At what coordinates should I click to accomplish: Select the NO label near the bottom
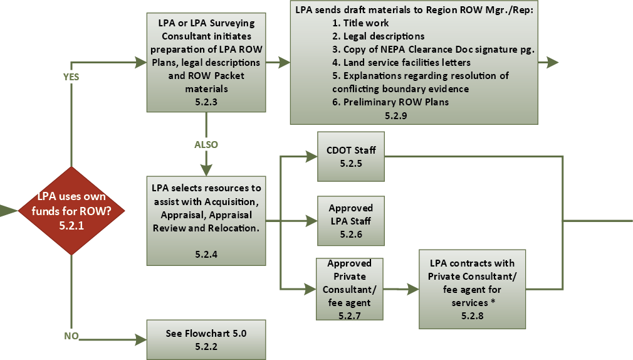point(71,336)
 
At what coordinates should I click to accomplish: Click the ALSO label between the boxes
point(206,144)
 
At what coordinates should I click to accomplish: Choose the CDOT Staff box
point(350,157)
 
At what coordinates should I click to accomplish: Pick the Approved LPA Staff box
point(350,221)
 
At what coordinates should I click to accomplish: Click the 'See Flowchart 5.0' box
point(206,339)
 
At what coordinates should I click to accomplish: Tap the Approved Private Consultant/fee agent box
point(349,288)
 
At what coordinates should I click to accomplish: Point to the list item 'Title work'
point(366,23)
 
